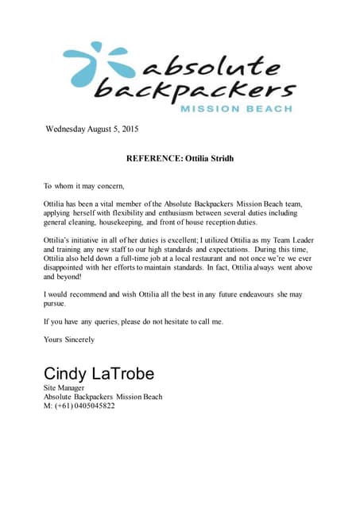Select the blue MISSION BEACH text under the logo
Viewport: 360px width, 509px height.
tap(236, 108)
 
